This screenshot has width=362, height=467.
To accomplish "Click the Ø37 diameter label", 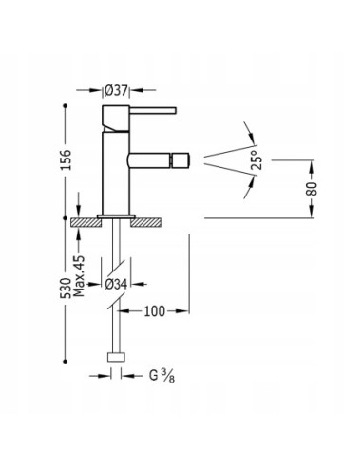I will click(117, 90).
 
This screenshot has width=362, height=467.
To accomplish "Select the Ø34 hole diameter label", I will click(117, 283).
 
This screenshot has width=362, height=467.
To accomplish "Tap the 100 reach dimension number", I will click(158, 310).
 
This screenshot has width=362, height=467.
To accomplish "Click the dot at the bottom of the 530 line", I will click(66, 360).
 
